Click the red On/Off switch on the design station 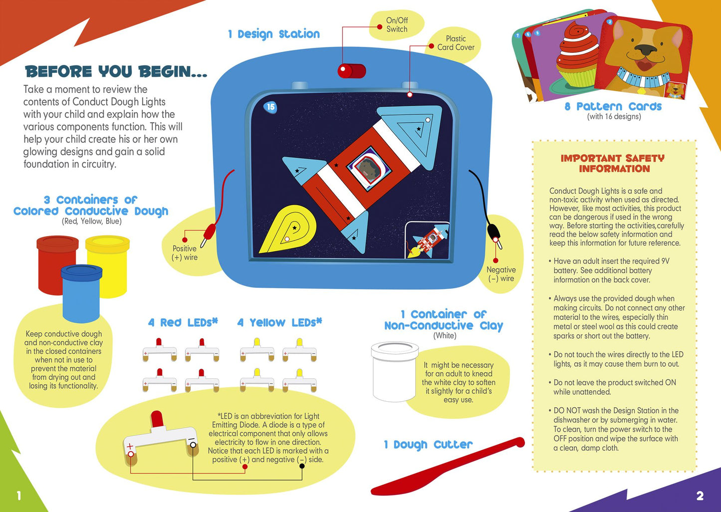pyautogui.click(x=351, y=71)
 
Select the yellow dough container pyautogui.click(x=108, y=266)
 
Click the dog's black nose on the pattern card pyautogui.click(x=646, y=49)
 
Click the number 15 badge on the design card pyautogui.click(x=270, y=107)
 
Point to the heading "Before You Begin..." pyautogui.click(x=116, y=71)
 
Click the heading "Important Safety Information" pyautogui.click(x=613, y=163)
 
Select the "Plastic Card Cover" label pyautogui.click(x=456, y=43)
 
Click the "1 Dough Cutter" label pyautogui.click(x=429, y=445)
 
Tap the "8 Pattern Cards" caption pyautogui.click(x=613, y=106)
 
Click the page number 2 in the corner pyautogui.click(x=700, y=496)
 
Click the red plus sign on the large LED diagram pyautogui.click(x=130, y=446)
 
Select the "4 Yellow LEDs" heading pyautogui.click(x=279, y=322)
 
